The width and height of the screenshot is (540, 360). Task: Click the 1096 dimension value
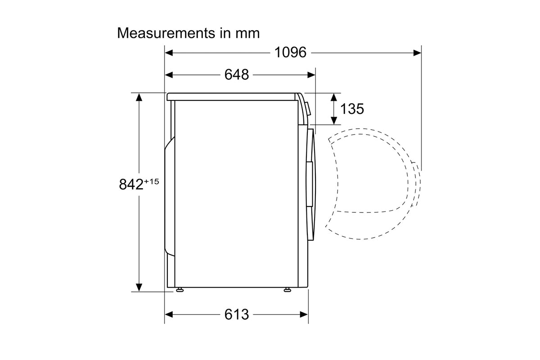pos(291,52)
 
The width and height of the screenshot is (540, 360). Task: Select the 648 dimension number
pos(237,75)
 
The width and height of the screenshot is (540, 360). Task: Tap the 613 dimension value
pos(237,315)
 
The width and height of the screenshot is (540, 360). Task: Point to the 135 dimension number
pos(352,109)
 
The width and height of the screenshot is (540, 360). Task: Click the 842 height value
pos(131,184)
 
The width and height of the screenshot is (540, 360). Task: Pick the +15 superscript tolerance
pos(152,181)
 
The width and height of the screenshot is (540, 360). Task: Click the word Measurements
pos(166,33)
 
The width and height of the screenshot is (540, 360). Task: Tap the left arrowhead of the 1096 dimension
pos(169,53)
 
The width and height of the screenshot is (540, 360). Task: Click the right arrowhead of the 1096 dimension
pos(417,53)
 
